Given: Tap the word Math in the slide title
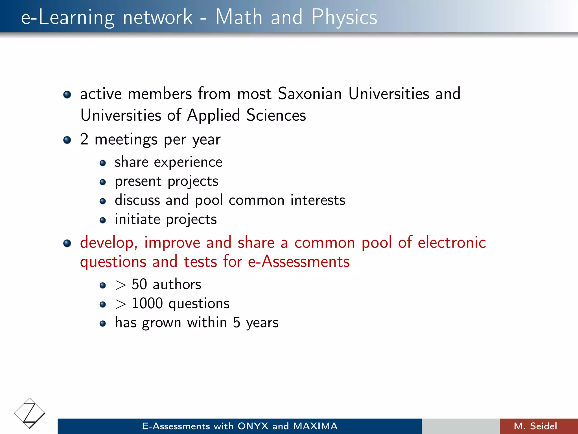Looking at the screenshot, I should [x=239, y=17].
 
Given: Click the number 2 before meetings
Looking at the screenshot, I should [x=84, y=139].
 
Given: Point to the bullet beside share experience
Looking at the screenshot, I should [x=103, y=163].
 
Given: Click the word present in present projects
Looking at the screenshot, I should [x=138, y=182].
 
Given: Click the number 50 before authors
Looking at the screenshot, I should [x=139, y=284].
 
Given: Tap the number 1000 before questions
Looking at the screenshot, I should [x=147, y=303].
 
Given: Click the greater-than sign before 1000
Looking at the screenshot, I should [x=121, y=304].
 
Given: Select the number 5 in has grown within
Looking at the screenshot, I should [x=237, y=323].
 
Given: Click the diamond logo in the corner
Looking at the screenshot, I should [x=30, y=413].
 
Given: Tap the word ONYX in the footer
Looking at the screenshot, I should [x=253, y=426].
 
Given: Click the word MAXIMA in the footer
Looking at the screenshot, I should [x=315, y=426].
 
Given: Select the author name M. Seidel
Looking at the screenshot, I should [x=535, y=426].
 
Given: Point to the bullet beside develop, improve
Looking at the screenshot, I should [x=67, y=243].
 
